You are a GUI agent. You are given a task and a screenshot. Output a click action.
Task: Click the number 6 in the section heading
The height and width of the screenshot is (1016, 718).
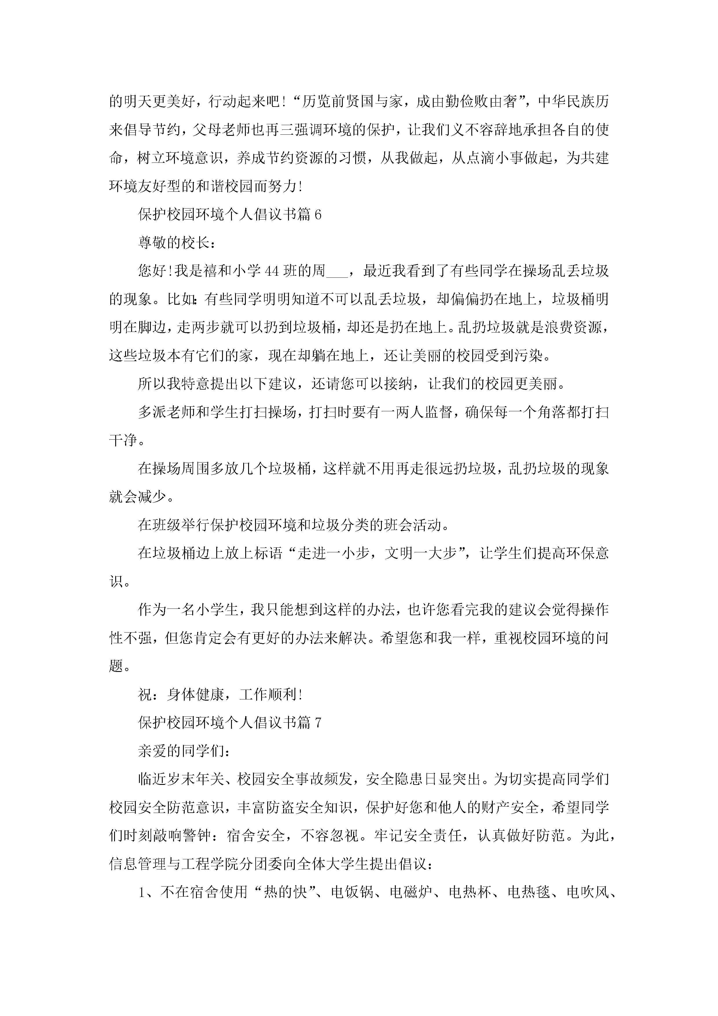(x=317, y=215)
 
